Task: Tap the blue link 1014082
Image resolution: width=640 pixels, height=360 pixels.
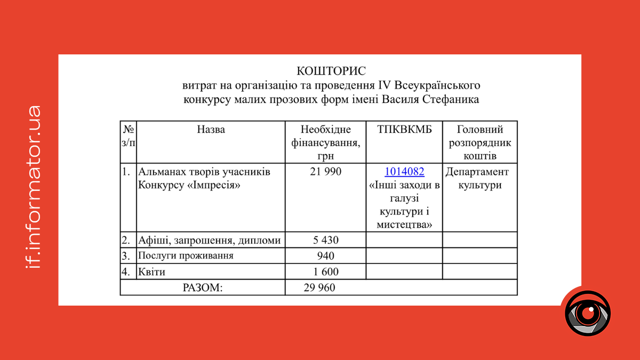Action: point(404,172)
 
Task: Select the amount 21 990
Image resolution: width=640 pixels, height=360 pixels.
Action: point(325,172)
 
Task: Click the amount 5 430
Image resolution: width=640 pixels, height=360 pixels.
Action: point(325,240)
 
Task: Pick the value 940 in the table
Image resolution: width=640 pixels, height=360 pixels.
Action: point(325,256)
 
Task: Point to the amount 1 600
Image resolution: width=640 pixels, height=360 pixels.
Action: point(325,272)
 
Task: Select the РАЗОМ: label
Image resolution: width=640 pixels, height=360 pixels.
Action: point(202,288)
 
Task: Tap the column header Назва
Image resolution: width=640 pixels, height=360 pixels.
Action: point(211,130)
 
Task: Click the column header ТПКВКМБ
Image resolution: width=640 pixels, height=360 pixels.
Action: point(404,130)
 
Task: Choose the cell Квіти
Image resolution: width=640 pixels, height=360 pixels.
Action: point(151,272)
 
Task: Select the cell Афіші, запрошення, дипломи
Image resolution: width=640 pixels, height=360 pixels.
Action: point(209,241)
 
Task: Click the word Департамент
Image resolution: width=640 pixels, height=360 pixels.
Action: point(477,172)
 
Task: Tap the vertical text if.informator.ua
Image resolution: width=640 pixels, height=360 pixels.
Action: point(33,187)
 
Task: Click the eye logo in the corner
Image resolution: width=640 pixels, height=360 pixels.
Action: point(588,313)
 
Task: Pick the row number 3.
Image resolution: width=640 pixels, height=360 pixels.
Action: point(126,256)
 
